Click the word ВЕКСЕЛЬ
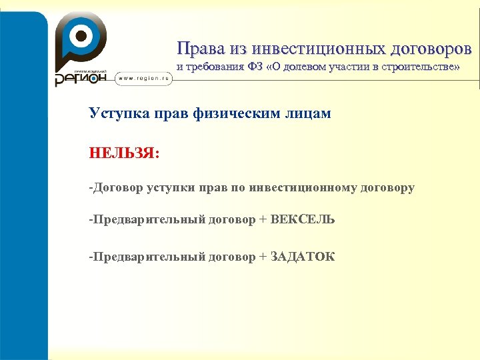(303, 220)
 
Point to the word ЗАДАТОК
(303, 257)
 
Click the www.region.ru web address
(144, 79)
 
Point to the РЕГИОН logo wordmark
(80, 79)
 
